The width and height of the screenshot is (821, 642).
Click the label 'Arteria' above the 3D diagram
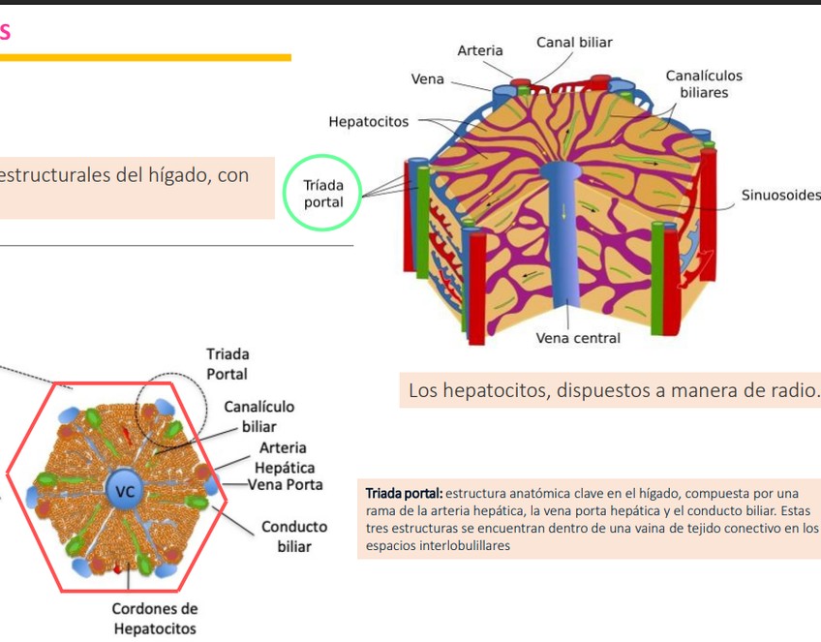(479, 50)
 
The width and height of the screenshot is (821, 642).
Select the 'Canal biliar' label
(574, 43)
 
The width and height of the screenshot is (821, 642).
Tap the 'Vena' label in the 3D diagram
(428, 79)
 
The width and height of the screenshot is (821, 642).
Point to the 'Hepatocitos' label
(368, 122)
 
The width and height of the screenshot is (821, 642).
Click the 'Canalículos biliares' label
(704, 84)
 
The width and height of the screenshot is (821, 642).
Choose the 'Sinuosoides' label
(780, 196)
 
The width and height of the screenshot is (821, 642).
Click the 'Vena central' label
(578, 339)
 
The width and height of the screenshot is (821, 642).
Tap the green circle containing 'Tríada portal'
(322, 194)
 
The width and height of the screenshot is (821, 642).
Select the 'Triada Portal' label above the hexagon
(227, 364)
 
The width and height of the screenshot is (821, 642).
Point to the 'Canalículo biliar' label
(258, 416)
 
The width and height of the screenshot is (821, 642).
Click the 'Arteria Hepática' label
(284, 458)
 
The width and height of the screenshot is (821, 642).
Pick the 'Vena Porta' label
(286, 484)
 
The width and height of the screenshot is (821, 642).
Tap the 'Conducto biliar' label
(293, 537)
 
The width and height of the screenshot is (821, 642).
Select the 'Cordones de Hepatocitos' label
(154, 619)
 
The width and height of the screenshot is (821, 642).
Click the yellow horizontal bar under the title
(145, 57)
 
